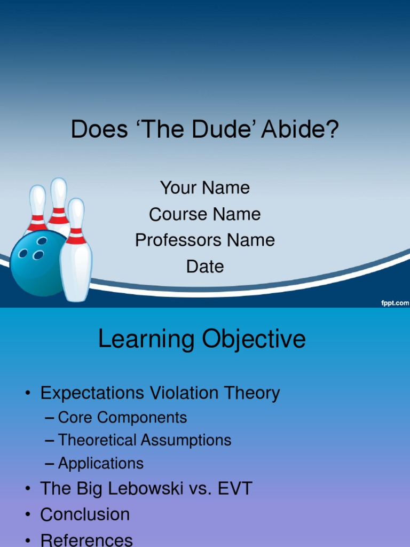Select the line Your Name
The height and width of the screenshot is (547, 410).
205,188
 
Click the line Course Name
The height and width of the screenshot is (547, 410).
205,214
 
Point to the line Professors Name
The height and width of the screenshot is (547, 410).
205,240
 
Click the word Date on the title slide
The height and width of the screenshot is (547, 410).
205,267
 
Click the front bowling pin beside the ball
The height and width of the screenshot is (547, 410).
76,256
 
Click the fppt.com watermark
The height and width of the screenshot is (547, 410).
394,303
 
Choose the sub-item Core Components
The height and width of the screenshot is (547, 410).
122,417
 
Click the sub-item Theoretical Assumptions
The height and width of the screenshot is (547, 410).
144,440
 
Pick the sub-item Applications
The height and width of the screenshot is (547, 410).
101,463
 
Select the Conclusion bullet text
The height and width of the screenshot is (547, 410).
85,514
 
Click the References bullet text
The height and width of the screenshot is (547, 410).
86,540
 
